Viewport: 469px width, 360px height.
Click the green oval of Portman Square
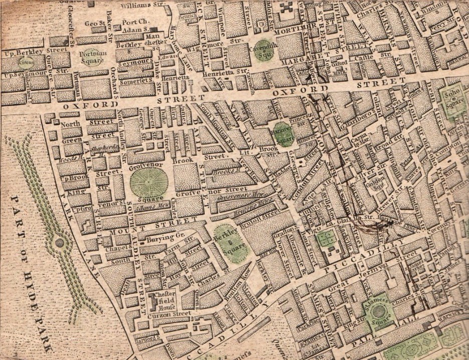(x=91, y=55)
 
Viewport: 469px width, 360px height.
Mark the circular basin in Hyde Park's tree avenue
(x=60, y=243)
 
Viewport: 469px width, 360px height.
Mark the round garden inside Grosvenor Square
(x=149, y=181)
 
